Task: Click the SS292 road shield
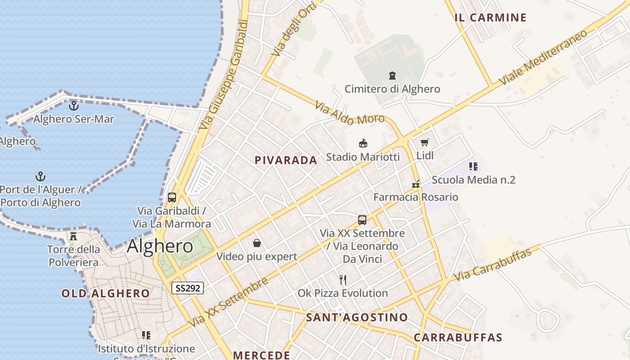[x=188, y=288]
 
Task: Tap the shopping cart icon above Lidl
[x=424, y=143]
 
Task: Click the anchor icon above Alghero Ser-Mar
[x=73, y=106]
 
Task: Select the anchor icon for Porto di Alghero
[x=41, y=176]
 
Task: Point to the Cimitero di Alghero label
[x=392, y=89]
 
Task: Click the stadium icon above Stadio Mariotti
[x=363, y=144]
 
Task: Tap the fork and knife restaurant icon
[x=343, y=280]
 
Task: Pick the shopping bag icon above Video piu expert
[x=257, y=243]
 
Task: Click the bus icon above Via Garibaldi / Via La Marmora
[x=172, y=197]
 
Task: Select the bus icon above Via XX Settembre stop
[x=362, y=220]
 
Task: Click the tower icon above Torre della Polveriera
[x=73, y=236]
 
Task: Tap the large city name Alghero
[x=160, y=246]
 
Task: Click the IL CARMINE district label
[x=490, y=18]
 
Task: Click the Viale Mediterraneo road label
[x=543, y=57]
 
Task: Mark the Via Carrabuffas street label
[x=493, y=264]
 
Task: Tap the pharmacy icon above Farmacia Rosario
[x=416, y=184]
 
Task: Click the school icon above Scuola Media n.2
[x=473, y=166]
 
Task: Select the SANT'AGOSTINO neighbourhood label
[x=357, y=317]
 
